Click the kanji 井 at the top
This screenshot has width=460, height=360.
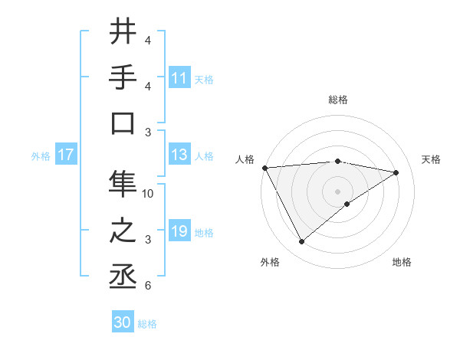tap(123, 33)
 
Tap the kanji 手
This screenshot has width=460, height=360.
tap(123, 77)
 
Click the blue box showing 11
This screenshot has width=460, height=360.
tap(179, 77)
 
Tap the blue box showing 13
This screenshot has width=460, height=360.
tap(179, 155)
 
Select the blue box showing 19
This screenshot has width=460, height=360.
tap(179, 231)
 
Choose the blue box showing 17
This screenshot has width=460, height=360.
tap(66, 155)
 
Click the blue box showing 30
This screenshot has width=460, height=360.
tap(123, 322)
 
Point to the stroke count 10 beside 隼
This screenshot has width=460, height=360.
tap(149, 194)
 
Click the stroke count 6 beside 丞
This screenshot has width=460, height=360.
tap(148, 286)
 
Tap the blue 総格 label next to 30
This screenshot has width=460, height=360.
tap(147, 323)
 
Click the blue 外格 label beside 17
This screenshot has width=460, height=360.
tap(41, 155)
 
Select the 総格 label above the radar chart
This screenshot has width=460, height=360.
tap(337, 100)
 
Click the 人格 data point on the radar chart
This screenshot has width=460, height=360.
tap(264, 167)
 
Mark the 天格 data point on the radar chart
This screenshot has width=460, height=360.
tap(396, 172)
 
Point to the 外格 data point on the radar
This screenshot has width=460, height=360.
tap(301, 242)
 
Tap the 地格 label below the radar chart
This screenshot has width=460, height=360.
tap(402, 262)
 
